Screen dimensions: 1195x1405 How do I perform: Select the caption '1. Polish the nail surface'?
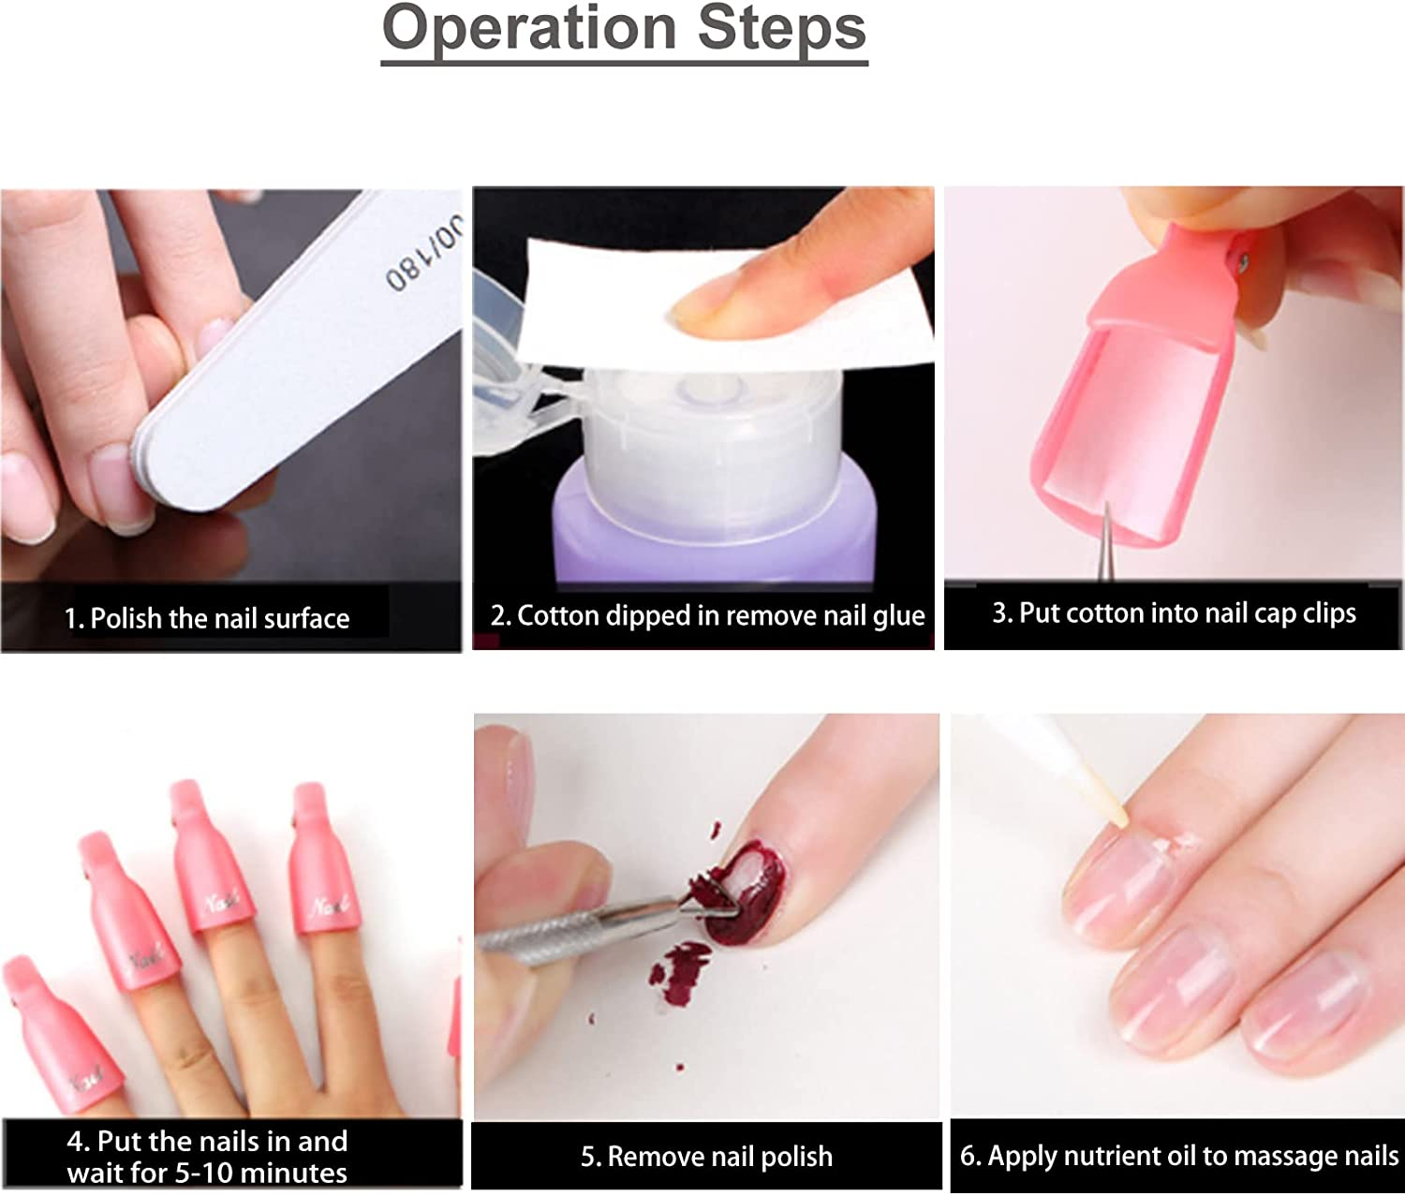pos(207,618)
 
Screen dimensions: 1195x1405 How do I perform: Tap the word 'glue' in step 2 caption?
pos(896,615)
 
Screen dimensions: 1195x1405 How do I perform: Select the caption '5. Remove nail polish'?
pos(706,1157)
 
